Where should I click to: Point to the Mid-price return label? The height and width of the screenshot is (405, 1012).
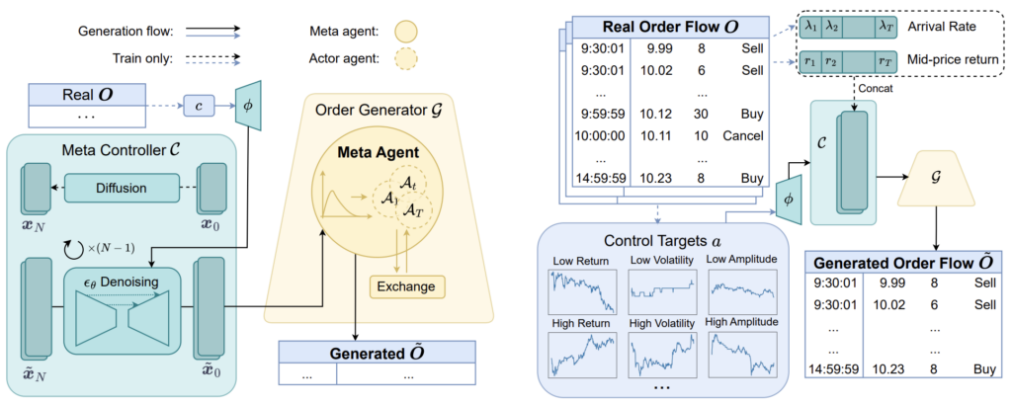(x=955, y=60)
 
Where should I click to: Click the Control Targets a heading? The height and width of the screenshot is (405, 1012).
(x=659, y=241)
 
